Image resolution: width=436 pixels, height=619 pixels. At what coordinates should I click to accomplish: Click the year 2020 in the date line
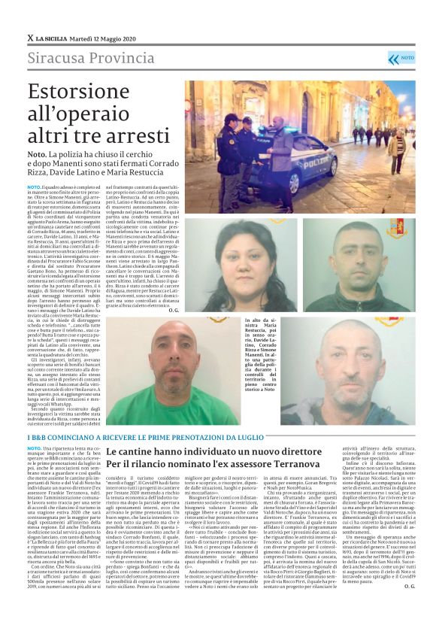click(x=123, y=38)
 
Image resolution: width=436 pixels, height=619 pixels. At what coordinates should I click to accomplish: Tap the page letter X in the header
click(x=30, y=38)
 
